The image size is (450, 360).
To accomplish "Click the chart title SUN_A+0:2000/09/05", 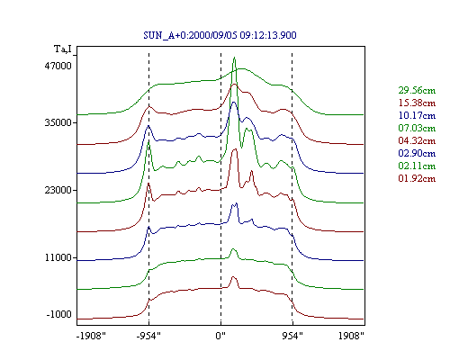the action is [x=190, y=35].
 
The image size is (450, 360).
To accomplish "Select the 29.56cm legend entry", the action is [x=417, y=90].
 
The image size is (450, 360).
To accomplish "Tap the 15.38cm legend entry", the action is [x=417, y=103].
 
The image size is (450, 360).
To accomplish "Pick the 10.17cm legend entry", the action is [x=417, y=115].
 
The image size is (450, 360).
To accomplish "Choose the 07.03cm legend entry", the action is [x=417, y=128].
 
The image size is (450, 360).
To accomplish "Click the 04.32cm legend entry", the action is [x=417, y=140].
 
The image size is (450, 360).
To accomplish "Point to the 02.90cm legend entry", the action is [x=417, y=153].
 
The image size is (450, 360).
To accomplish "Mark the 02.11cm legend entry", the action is [x=417, y=166].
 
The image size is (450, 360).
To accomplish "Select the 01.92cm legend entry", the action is [x=417, y=178].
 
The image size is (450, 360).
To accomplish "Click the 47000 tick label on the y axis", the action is [x=58, y=66].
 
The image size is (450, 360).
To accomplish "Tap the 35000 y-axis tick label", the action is [x=58, y=122].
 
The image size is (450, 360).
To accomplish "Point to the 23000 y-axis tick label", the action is [x=58, y=190].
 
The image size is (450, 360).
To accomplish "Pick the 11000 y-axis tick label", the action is [x=58, y=257].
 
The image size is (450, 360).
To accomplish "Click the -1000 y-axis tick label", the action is [x=59, y=314].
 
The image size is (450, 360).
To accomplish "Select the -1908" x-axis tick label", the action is [x=91, y=336].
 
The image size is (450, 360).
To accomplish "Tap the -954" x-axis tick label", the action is [x=148, y=336].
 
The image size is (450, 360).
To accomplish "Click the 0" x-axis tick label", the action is [x=220, y=336].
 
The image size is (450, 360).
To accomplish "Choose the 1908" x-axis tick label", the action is [x=351, y=336].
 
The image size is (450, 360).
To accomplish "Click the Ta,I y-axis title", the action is [x=63, y=49].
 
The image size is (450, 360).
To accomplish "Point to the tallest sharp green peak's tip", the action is [x=234, y=57].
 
